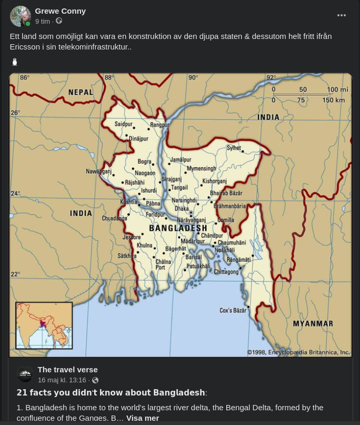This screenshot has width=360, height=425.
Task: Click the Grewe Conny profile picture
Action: pos(21,16)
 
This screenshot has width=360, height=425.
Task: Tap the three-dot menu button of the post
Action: pos(342,15)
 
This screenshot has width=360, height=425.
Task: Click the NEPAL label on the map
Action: pos(81,93)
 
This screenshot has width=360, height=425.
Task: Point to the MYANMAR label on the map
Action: pos(313,323)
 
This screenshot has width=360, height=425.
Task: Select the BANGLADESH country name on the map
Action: pos(178,228)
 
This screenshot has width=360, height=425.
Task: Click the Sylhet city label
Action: pos(234,148)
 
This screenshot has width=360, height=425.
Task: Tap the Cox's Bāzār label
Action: pos(233,310)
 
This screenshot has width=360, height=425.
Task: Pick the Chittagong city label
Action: pos(226,272)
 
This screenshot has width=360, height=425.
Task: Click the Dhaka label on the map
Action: pos(182,209)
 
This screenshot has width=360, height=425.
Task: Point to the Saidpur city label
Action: pos(124,124)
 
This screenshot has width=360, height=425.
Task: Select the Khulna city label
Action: pos(144,245)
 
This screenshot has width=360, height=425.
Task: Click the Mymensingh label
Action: pos(201,169)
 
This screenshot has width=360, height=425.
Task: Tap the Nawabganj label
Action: pos(99,171)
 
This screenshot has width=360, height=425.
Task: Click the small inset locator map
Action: pos(44,325)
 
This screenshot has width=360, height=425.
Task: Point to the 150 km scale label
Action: pos(334,100)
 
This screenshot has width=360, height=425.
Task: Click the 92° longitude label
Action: pos(271,78)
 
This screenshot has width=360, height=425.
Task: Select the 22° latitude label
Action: pos(15,274)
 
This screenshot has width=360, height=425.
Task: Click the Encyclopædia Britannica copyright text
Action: pos(298,352)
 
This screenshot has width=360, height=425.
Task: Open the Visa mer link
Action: pos(142,418)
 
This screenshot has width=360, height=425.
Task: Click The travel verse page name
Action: pos(67,370)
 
